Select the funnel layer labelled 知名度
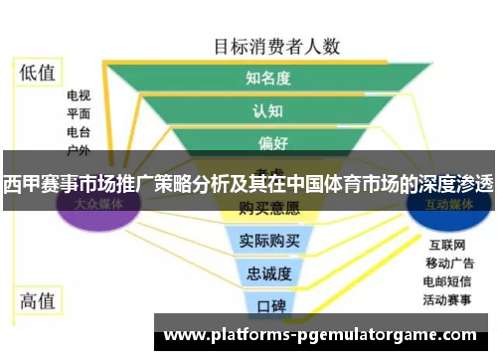pos(268,78)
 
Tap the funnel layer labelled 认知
pos(268,110)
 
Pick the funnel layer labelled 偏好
pos(268,143)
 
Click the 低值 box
pos(38,73)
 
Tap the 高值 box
pos(38,298)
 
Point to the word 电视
pos(79,96)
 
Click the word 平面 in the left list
pos(79,114)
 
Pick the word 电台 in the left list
pos(79,132)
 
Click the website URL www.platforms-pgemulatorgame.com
pos(319,335)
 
